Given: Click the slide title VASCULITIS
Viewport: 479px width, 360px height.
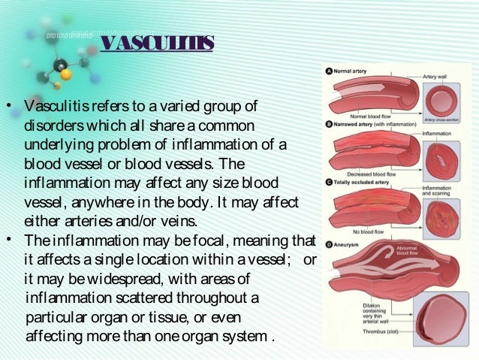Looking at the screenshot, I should [x=157, y=41].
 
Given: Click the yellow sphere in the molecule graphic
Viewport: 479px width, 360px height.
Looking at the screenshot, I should [x=67, y=74].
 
